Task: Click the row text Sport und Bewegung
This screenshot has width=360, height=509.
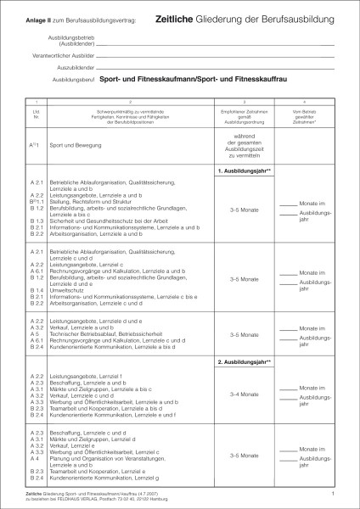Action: (74, 145)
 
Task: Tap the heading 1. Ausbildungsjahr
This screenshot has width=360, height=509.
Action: (244, 173)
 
